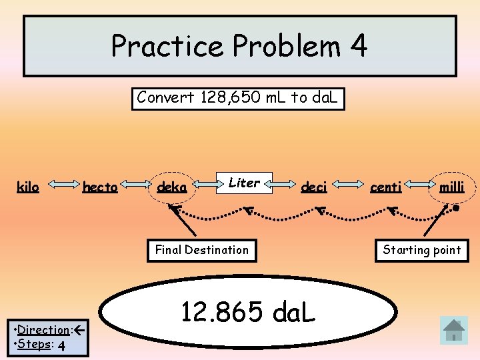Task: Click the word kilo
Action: click(x=28, y=187)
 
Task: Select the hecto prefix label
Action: click(x=100, y=187)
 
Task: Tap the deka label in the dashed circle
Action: click(x=171, y=187)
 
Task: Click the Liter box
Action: click(x=244, y=183)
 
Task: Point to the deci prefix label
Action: click(x=314, y=187)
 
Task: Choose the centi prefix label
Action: click(x=386, y=187)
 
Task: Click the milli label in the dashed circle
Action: click(x=451, y=187)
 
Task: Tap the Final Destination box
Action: click(x=201, y=250)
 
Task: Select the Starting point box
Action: click(x=422, y=250)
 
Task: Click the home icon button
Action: click(x=454, y=330)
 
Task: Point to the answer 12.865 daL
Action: click(x=249, y=310)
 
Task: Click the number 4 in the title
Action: click(x=357, y=46)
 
